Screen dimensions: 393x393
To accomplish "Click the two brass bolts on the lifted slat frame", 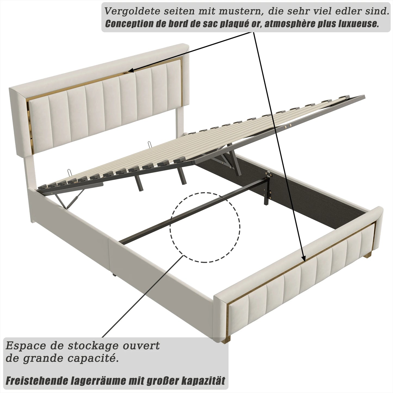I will tap(288, 126).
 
